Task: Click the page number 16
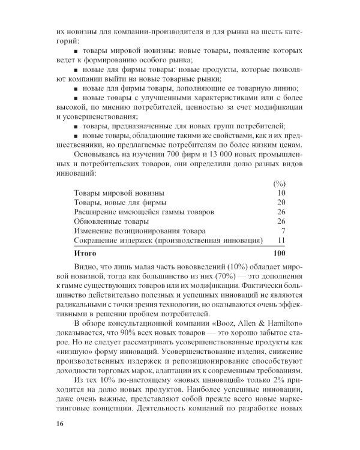click(58, 424)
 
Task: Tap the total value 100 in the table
click(278, 253)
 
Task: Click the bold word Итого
click(85, 253)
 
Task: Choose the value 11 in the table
click(281, 240)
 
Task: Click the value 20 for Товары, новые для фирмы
click(281, 202)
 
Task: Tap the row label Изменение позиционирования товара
click(139, 230)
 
